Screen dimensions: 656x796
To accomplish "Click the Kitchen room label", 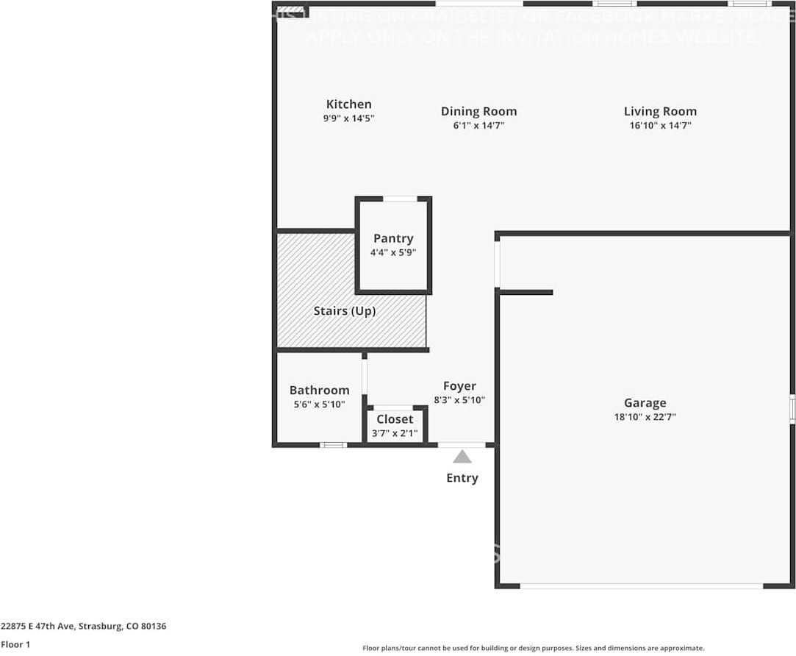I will pyautogui.click(x=348, y=104).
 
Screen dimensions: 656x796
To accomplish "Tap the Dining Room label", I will pyautogui.click(x=478, y=112).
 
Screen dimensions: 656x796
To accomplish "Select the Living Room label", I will pyautogui.click(x=660, y=112).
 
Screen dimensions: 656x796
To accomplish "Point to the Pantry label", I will pyautogui.click(x=393, y=238).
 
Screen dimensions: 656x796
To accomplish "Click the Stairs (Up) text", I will pyautogui.click(x=345, y=311).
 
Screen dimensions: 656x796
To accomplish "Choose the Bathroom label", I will pyautogui.click(x=319, y=391).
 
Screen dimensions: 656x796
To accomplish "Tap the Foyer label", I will pyautogui.click(x=459, y=386).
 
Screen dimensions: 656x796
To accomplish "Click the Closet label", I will pyautogui.click(x=395, y=419).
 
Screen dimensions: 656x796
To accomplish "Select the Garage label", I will pyautogui.click(x=645, y=403).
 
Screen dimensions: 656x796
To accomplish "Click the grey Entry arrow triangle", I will pyautogui.click(x=462, y=457).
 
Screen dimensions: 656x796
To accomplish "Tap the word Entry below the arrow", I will pyautogui.click(x=462, y=478).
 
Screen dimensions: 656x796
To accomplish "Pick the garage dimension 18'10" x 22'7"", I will pyautogui.click(x=645, y=417).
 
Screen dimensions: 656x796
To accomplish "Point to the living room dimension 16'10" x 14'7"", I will pyautogui.click(x=660, y=126).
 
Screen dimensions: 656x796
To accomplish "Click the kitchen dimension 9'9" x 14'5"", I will pyautogui.click(x=348, y=118).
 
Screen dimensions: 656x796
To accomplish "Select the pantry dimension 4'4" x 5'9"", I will pyautogui.click(x=393, y=252).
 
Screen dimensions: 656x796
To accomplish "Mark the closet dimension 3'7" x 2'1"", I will pyautogui.click(x=395, y=433).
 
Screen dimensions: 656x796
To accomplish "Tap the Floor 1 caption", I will pyautogui.click(x=15, y=644).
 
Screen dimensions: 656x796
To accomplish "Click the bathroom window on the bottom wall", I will pyautogui.click(x=334, y=445).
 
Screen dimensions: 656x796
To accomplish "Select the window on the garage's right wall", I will pyautogui.click(x=792, y=409).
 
